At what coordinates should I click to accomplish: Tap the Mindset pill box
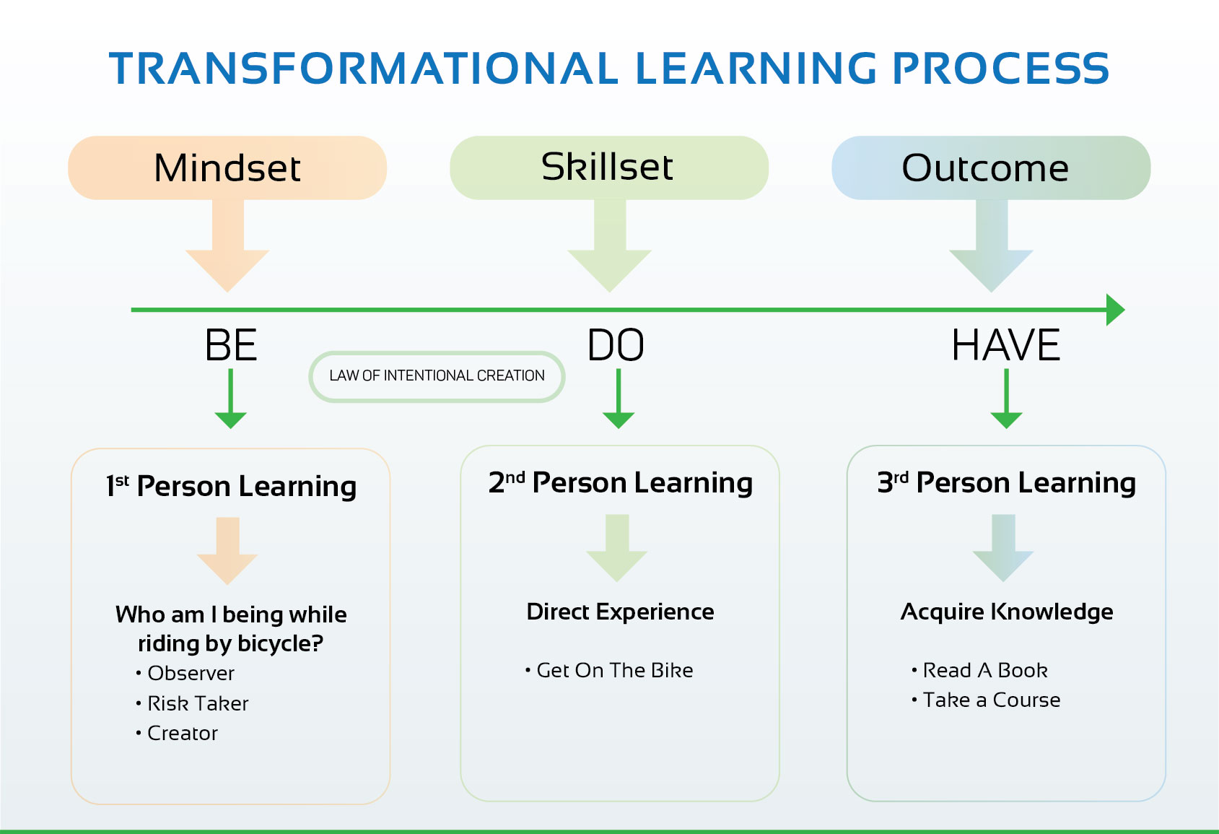point(227,168)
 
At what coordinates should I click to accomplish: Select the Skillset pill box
point(609,168)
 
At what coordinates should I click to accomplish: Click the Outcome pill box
point(991,168)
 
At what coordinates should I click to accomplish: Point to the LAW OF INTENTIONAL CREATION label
point(437,376)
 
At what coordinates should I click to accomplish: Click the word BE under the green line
point(231,345)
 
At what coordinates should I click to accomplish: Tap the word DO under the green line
point(616,345)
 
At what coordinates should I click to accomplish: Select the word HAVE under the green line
point(1005,345)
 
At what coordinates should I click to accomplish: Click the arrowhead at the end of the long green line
point(1116,310)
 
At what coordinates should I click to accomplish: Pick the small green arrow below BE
point(231,399)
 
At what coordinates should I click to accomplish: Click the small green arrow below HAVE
point(1006,399)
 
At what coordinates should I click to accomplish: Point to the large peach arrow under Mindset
point(227,246)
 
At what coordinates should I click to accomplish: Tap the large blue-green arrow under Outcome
point(992,246)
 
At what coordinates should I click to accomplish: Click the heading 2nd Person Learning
point(621,482)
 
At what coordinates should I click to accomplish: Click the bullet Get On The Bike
point(609,670)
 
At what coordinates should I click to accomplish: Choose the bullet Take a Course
point(986,700)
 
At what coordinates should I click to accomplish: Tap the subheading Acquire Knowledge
point(1007,612)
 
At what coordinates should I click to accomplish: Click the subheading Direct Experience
point(621,612)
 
